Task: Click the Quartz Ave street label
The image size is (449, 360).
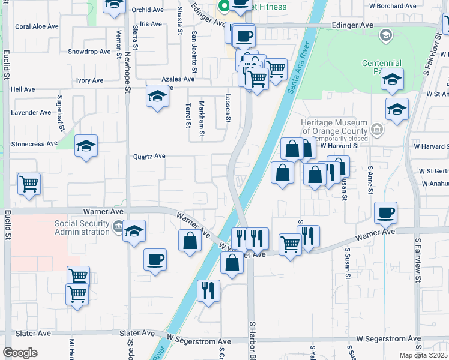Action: (x=149, y=156)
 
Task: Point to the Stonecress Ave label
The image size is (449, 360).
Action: (x=34, y=144)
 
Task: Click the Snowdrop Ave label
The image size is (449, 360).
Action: (x=89, y=52)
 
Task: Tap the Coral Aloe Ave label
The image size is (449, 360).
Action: (x=37, y=26)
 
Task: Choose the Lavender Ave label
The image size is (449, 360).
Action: (x=31, y=112)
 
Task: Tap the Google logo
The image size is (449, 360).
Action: (x=20, y=352)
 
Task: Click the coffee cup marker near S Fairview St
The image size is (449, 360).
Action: (x=386, y=212)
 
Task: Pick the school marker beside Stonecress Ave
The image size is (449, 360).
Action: (x=86, y=145)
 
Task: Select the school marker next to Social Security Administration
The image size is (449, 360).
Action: (x=134, y=230)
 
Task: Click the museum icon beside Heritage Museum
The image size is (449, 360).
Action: (x=376, y=128)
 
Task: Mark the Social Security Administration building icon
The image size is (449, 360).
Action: (x=118, y=227)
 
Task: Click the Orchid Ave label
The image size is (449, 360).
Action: (x=148, y=10)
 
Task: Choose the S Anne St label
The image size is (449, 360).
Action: (x=370, y=180)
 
